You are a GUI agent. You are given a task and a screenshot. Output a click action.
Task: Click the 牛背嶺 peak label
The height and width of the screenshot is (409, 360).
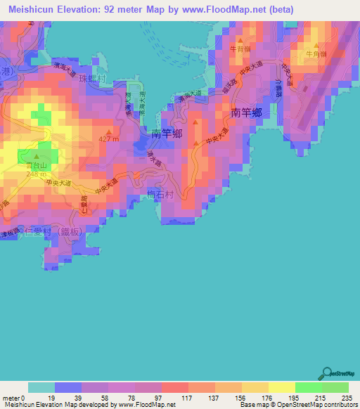[x=240, y=49]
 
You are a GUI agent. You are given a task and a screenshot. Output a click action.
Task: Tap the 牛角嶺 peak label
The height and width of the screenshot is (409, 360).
[x=314, y=53]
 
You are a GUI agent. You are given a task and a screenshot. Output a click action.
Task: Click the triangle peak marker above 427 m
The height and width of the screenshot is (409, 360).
[x=109, y=131]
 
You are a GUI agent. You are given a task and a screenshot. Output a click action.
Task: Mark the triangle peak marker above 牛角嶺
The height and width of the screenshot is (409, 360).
[x=314, y=44]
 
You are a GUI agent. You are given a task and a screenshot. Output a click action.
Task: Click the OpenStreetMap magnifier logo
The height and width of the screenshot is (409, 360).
[x=327, y=374]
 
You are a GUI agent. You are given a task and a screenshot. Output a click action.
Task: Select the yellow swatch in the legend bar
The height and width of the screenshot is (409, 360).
[x=282, y=387]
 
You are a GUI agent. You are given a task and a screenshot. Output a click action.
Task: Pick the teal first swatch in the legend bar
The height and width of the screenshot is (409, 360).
[x=41, y=387]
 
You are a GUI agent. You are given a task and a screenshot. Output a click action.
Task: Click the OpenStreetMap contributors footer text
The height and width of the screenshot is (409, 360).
[x=315, y=405]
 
